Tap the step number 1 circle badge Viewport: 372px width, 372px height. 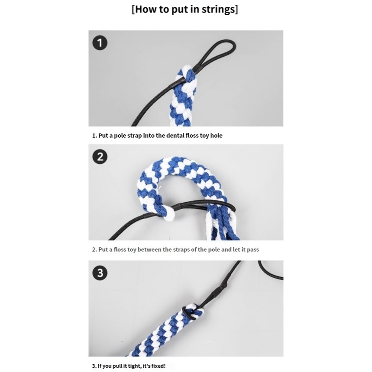(100, 43)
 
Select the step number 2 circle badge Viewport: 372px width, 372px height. (100, 157)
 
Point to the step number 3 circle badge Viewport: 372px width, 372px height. (100, 273)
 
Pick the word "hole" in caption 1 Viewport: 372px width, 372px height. (217, 136)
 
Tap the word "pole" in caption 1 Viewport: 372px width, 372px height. (120, 136)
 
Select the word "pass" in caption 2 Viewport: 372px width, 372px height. (253, 250)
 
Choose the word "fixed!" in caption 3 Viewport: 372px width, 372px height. (157, 366)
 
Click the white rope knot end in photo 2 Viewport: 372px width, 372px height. (168, 213)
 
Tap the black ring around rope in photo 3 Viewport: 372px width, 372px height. (189, 313)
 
